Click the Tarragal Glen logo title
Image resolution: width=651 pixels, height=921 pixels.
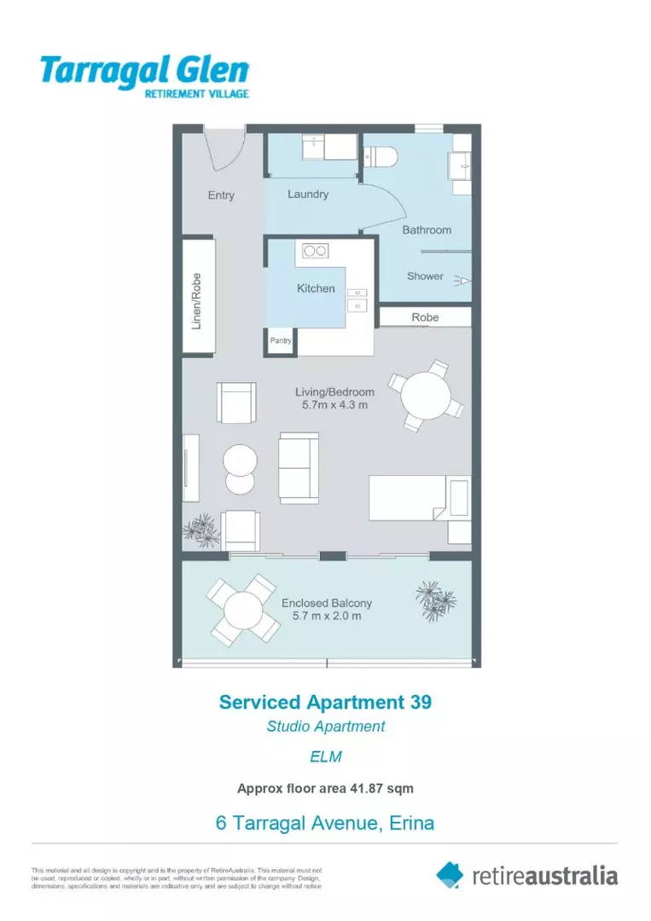(144, 70)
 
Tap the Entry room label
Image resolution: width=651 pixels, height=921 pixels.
(221, 195)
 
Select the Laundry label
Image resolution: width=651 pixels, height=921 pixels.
(307, 194)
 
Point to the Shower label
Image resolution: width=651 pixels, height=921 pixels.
(425, 276)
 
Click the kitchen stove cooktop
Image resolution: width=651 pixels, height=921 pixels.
(316, 251)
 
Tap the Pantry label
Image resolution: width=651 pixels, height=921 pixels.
(281, 340)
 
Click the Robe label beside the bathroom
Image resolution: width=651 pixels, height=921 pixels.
(425, 317)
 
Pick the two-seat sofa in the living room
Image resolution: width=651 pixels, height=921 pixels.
(299, 467)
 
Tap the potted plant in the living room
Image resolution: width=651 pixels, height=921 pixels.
(201, 529)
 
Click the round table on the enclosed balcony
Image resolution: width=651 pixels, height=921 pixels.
(243, 610)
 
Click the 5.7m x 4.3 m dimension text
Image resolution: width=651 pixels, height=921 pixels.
(334, 405)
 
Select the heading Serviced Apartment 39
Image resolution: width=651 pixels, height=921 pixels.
(325, 703)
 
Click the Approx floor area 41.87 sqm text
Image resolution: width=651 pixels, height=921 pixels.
(325, 789)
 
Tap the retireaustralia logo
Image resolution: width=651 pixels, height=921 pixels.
(527, 875)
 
